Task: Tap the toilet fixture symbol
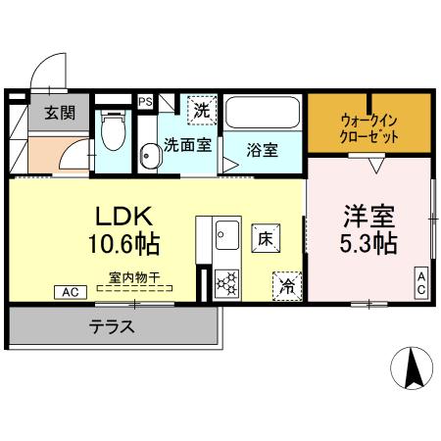[x=113, y=129]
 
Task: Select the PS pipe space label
[x=145, y=101]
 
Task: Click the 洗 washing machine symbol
[x=201, y=110]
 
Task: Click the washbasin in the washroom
[x=149, y=155]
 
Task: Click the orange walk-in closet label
[x=369, y=128]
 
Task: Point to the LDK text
[x=121, y=216]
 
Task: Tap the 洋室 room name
[x=368, y=214]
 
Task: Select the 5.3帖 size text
[x=368, y=242]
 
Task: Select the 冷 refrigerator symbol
[x=287, y=286]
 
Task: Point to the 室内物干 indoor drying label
[x=133, y=277]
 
